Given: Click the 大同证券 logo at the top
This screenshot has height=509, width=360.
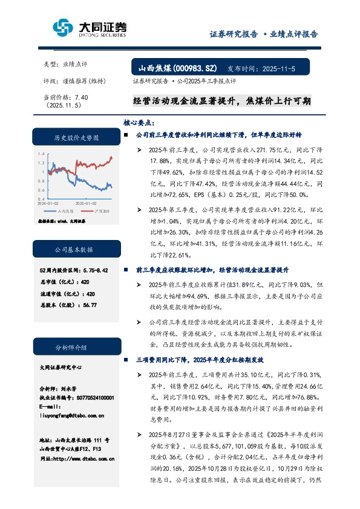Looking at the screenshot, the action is [x=90, y=28].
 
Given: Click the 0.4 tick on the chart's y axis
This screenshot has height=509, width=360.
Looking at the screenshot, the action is [x=41, y=198].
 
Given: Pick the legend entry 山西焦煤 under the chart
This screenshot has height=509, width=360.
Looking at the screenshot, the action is [x=65, y=211].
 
